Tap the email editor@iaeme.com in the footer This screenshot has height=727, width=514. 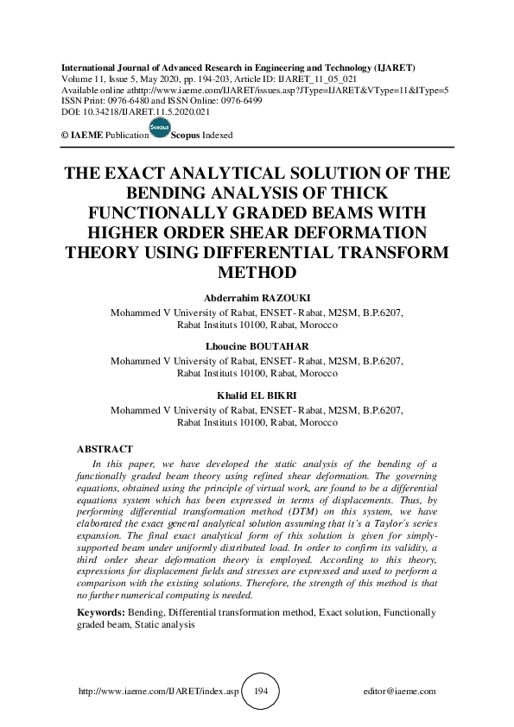tap(400, 692)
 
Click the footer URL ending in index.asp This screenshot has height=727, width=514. tap(158, 692)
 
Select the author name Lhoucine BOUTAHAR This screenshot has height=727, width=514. tap(257, 346)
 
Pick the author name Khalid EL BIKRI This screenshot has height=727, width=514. tap(257, 395)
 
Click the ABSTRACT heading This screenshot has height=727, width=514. tap(105, 450)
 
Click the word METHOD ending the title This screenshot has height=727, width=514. tap(257, 272)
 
